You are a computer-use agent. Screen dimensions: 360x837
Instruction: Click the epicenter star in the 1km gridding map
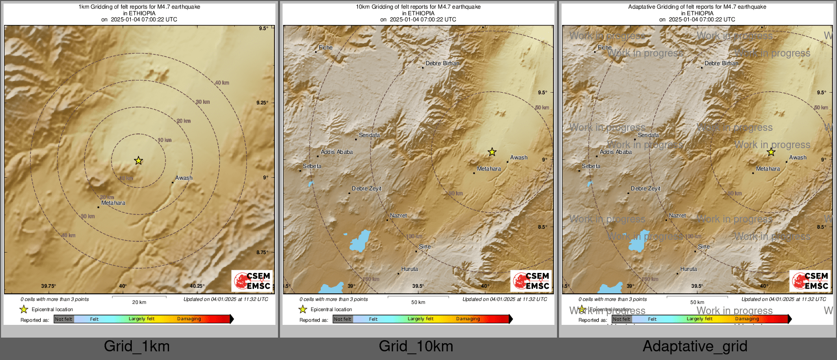[138, 161]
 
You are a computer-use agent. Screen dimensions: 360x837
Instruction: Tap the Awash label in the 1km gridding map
[184, 178]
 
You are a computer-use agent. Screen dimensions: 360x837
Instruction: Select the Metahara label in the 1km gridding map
[113, 203]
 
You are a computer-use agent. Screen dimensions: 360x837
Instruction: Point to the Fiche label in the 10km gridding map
[325, 48]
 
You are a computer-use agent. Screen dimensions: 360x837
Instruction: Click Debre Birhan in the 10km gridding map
[442, 64]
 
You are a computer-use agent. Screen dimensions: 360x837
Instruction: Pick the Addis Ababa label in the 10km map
[337, 152]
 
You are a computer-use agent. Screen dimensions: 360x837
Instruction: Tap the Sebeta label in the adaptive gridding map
[591, 167]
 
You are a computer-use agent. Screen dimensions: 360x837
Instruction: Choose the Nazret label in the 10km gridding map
[398, 216]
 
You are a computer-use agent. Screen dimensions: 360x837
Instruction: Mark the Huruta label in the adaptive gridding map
[688, 269]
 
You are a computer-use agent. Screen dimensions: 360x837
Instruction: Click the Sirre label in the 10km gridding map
[425, 247]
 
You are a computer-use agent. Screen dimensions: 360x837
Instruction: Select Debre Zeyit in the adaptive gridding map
[645, 189]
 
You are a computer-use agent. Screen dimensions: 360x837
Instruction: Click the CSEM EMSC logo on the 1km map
[253, 281]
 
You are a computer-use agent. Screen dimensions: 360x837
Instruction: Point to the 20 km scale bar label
[139, 302]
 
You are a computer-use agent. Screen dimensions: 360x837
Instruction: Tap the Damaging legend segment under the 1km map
[189, 319]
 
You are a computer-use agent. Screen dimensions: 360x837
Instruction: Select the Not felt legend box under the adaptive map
[621, 319]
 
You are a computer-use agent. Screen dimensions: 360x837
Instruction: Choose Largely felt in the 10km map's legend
[420, 319]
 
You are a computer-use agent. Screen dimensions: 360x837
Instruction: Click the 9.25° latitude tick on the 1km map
[262, 103]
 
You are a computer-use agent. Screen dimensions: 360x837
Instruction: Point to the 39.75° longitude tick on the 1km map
[48, 286]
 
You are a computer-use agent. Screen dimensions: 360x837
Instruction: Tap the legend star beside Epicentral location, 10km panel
[302, 309]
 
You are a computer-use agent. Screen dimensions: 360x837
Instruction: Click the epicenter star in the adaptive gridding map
[771, 152]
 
